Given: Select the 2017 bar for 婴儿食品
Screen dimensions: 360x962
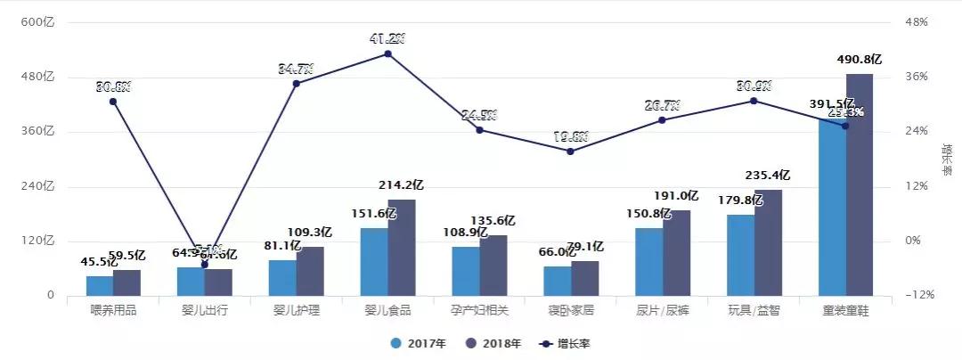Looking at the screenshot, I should (374, 262).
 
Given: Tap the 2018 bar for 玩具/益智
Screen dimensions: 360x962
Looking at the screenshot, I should (767, 242).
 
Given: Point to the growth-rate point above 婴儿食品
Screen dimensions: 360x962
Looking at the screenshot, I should (387, 53).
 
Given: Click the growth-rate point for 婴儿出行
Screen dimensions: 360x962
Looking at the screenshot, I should (205, 265).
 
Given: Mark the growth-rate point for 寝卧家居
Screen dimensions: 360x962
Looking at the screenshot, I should (571, 151).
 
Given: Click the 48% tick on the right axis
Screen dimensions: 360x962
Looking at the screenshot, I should (917, 22).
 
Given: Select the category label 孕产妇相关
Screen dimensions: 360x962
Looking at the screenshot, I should (479, 311).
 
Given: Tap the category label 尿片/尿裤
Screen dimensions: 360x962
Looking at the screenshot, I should (663, 311).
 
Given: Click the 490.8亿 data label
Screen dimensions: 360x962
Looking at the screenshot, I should (860, 60).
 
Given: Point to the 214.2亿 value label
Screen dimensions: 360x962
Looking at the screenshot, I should (402, 185).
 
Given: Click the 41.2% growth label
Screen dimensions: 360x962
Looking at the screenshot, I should (387, 38).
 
